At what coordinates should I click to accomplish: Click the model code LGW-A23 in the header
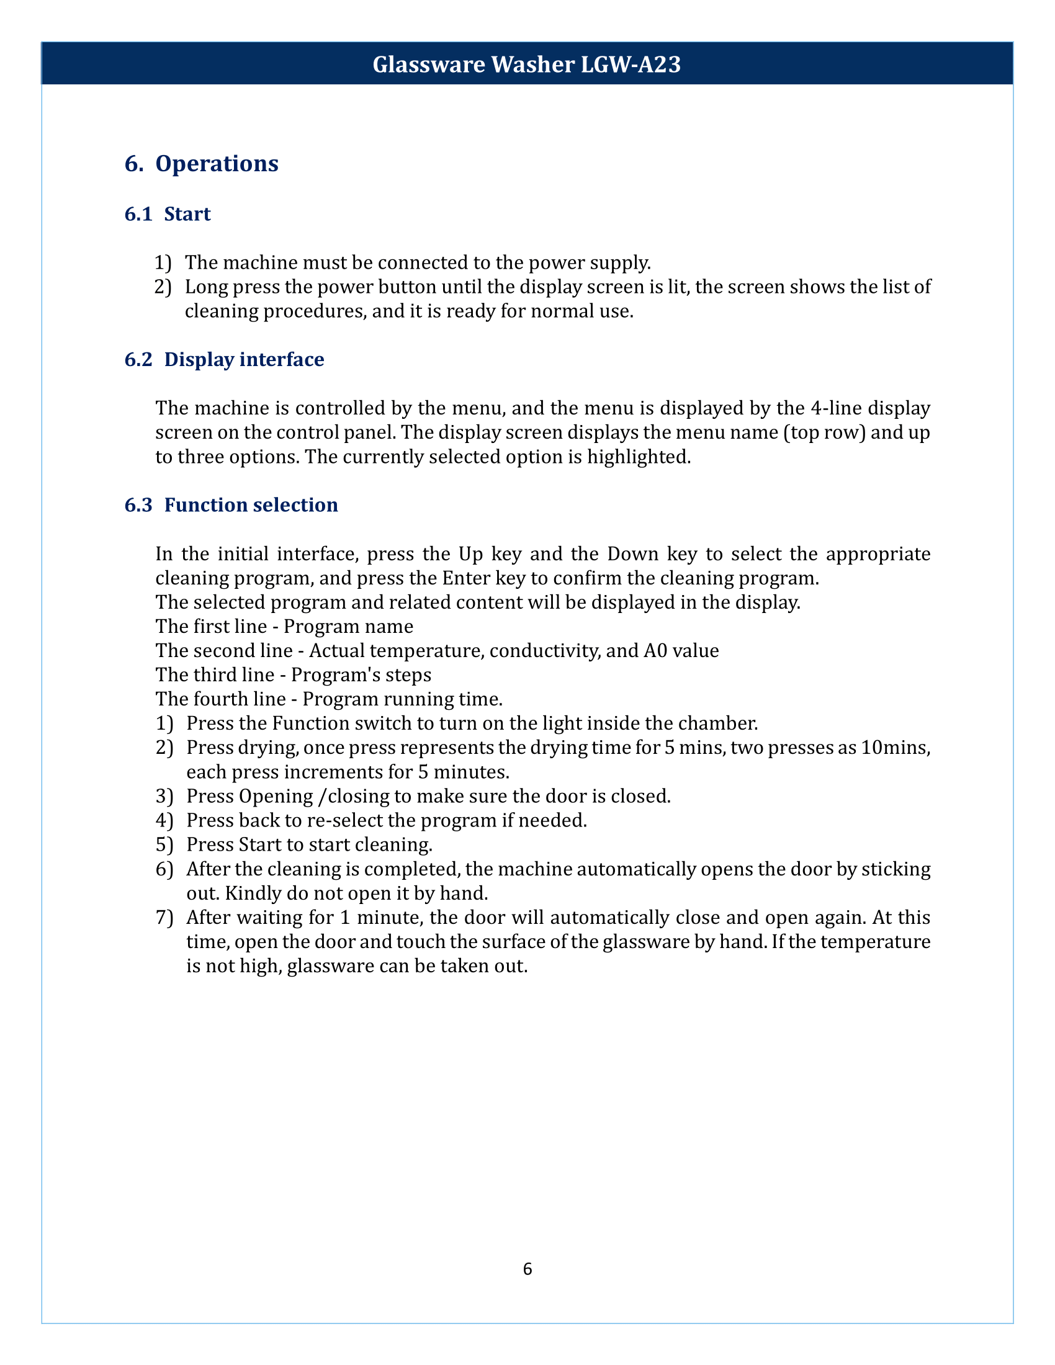coord(631,65)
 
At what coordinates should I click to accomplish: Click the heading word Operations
coord(216,164)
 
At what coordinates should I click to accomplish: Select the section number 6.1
coord(138,215)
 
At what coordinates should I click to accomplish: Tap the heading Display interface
coord(244,360)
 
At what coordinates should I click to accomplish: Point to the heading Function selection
coord(251,505)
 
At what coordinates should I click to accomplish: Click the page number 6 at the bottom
coord(527,1269)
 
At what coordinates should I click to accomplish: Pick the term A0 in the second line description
coord(655,651)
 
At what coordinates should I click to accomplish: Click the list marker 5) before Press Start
coord(164,845)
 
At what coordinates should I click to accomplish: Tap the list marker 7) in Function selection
coord(164,918)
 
